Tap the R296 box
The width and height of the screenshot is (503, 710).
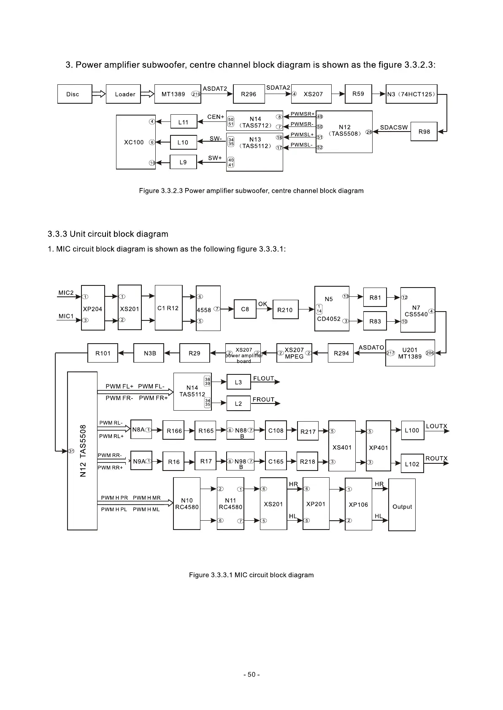(x=249, y=94)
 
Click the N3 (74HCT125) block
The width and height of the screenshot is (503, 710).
(x=411, y=94)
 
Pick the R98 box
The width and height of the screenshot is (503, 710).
(x=424, y=132)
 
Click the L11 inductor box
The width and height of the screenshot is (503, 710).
(x=184, y=122)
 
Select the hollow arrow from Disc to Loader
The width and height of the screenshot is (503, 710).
(x=99, y=94)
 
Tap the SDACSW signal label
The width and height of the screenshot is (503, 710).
(x=394, y=127)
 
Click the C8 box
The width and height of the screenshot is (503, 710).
(x=245, y=309)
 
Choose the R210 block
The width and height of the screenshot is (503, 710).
(x=285, y=310)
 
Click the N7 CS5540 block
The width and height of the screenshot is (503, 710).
(x=417, y=311)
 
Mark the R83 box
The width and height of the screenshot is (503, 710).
(x=375, y=321)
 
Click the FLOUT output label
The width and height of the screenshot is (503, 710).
(x=264, y=378)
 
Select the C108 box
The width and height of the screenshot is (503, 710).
(x=276, y=430)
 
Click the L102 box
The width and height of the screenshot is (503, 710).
(x=412, y=464)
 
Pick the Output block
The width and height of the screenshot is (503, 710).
(x=402, y=506)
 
